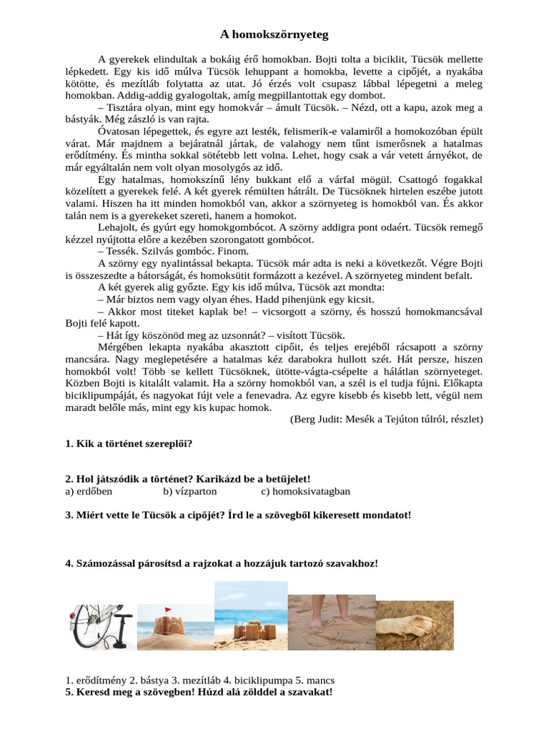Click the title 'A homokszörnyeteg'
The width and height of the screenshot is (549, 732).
point(274,34)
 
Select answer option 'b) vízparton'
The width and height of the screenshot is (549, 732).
point(189,491)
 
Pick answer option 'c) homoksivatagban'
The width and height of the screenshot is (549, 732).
point(305,491)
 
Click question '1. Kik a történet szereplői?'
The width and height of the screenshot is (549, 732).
point(129,443)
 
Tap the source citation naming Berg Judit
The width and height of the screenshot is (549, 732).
point(386,419)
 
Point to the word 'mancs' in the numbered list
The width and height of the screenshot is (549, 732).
point(319,680)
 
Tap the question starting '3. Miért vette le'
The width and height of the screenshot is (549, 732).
point(238,515)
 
